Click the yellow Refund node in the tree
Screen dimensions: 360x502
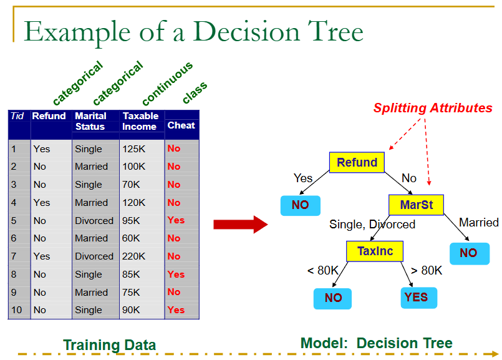pos(357,163)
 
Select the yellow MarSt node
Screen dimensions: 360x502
pos(416,205)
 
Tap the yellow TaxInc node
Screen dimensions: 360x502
pos(375,251)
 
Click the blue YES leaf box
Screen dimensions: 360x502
pos(418,298)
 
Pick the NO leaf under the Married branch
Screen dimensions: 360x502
pos(468,253)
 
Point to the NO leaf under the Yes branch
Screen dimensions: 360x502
pos(300,205)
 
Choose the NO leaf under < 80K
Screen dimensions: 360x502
pos(333,298)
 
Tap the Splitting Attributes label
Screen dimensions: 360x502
pos(433,108)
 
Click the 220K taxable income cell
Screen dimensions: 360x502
pos(133,256)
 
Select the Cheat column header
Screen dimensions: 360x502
pos(181,125)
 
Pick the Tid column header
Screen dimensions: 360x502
pos(17,116)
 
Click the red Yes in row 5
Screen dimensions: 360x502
pos(176,220)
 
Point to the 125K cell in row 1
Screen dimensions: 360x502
pos(133,149)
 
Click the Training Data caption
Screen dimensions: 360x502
pos(109,345)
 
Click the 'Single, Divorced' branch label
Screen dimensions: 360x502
pos(372,224)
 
